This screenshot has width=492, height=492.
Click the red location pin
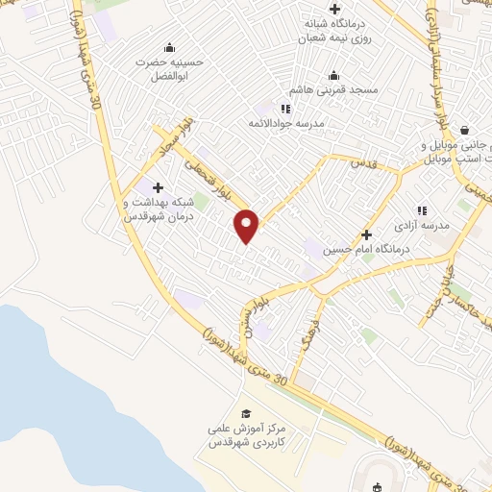248,225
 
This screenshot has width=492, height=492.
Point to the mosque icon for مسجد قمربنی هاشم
334,75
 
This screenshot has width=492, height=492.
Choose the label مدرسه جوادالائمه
287,124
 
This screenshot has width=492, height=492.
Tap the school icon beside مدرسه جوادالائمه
284,109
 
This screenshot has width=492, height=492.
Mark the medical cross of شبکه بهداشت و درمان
158,187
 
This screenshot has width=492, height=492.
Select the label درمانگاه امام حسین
357,250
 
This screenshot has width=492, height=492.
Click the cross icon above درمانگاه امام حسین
365,234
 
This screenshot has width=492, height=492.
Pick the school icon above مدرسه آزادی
421,209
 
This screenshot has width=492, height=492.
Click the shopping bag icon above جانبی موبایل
465,130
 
